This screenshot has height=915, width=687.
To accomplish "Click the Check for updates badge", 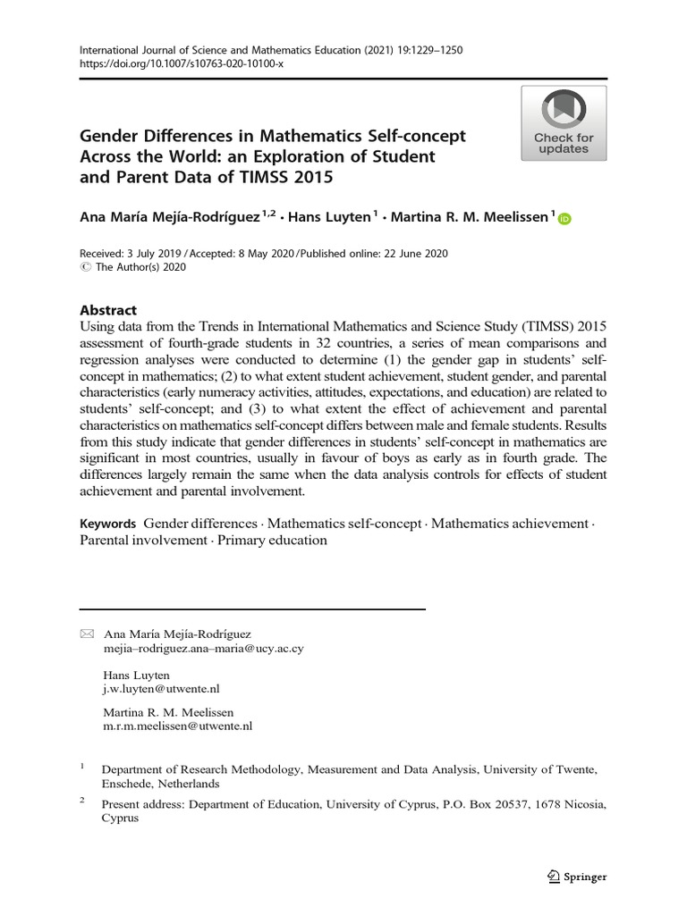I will (564, 123).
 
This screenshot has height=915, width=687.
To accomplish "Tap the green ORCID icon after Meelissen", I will (564, 217).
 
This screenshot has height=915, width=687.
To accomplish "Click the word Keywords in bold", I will (107, 524).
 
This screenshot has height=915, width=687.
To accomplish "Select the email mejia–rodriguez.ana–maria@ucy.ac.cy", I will (204, 649).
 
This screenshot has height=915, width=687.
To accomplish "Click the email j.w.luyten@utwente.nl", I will (161, 690).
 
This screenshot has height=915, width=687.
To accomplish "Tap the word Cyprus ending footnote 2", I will (121, 818).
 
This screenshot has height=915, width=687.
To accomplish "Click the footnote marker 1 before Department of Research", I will (82, 766).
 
